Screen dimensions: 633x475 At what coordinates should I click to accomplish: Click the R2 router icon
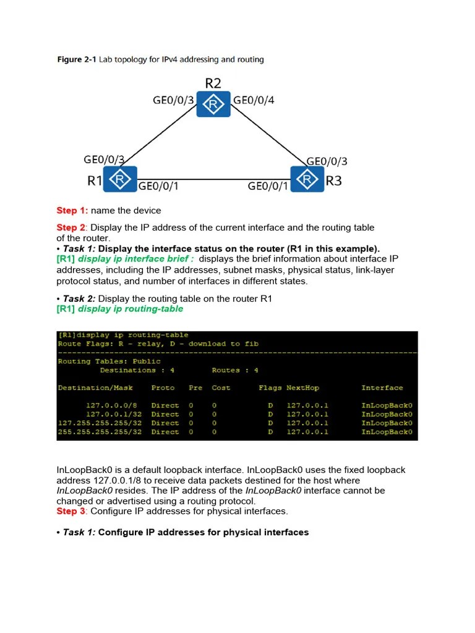(x=213, y=104)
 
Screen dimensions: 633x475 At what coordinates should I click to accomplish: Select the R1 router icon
(x=120, y=179)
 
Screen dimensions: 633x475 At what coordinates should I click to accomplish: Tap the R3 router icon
(x=307, y=179)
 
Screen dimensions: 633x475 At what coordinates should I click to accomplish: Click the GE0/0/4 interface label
(x=254, y=100)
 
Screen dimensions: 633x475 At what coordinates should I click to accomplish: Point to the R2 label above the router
(x=213, y=83)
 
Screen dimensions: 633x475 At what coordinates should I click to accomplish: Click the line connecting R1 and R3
(x=213, y=180)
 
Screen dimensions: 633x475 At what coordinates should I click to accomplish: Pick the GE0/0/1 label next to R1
(x=158, y=185)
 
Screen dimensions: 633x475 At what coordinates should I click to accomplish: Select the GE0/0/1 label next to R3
(x=268, y=185)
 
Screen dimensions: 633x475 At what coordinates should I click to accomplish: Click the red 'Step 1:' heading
(x=72, y=211)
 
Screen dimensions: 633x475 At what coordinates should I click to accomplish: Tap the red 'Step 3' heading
(x=71, y=511)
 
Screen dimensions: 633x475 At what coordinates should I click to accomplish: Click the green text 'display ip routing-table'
(x=131, y=308)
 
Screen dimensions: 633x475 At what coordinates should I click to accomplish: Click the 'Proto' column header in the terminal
(x=163, y=388)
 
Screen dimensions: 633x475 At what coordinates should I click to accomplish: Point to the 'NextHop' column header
(x=302, y=388)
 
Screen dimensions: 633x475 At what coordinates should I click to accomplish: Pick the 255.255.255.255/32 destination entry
(x=100, y=432)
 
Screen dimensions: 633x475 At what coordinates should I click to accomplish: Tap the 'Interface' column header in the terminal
(x=382, y=388)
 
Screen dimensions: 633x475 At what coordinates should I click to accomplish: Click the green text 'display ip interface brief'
(x=135, y=259)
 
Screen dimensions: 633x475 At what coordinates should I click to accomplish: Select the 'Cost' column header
(x=221, y=388)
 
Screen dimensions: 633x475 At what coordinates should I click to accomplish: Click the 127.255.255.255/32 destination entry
(x=100, y=423)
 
